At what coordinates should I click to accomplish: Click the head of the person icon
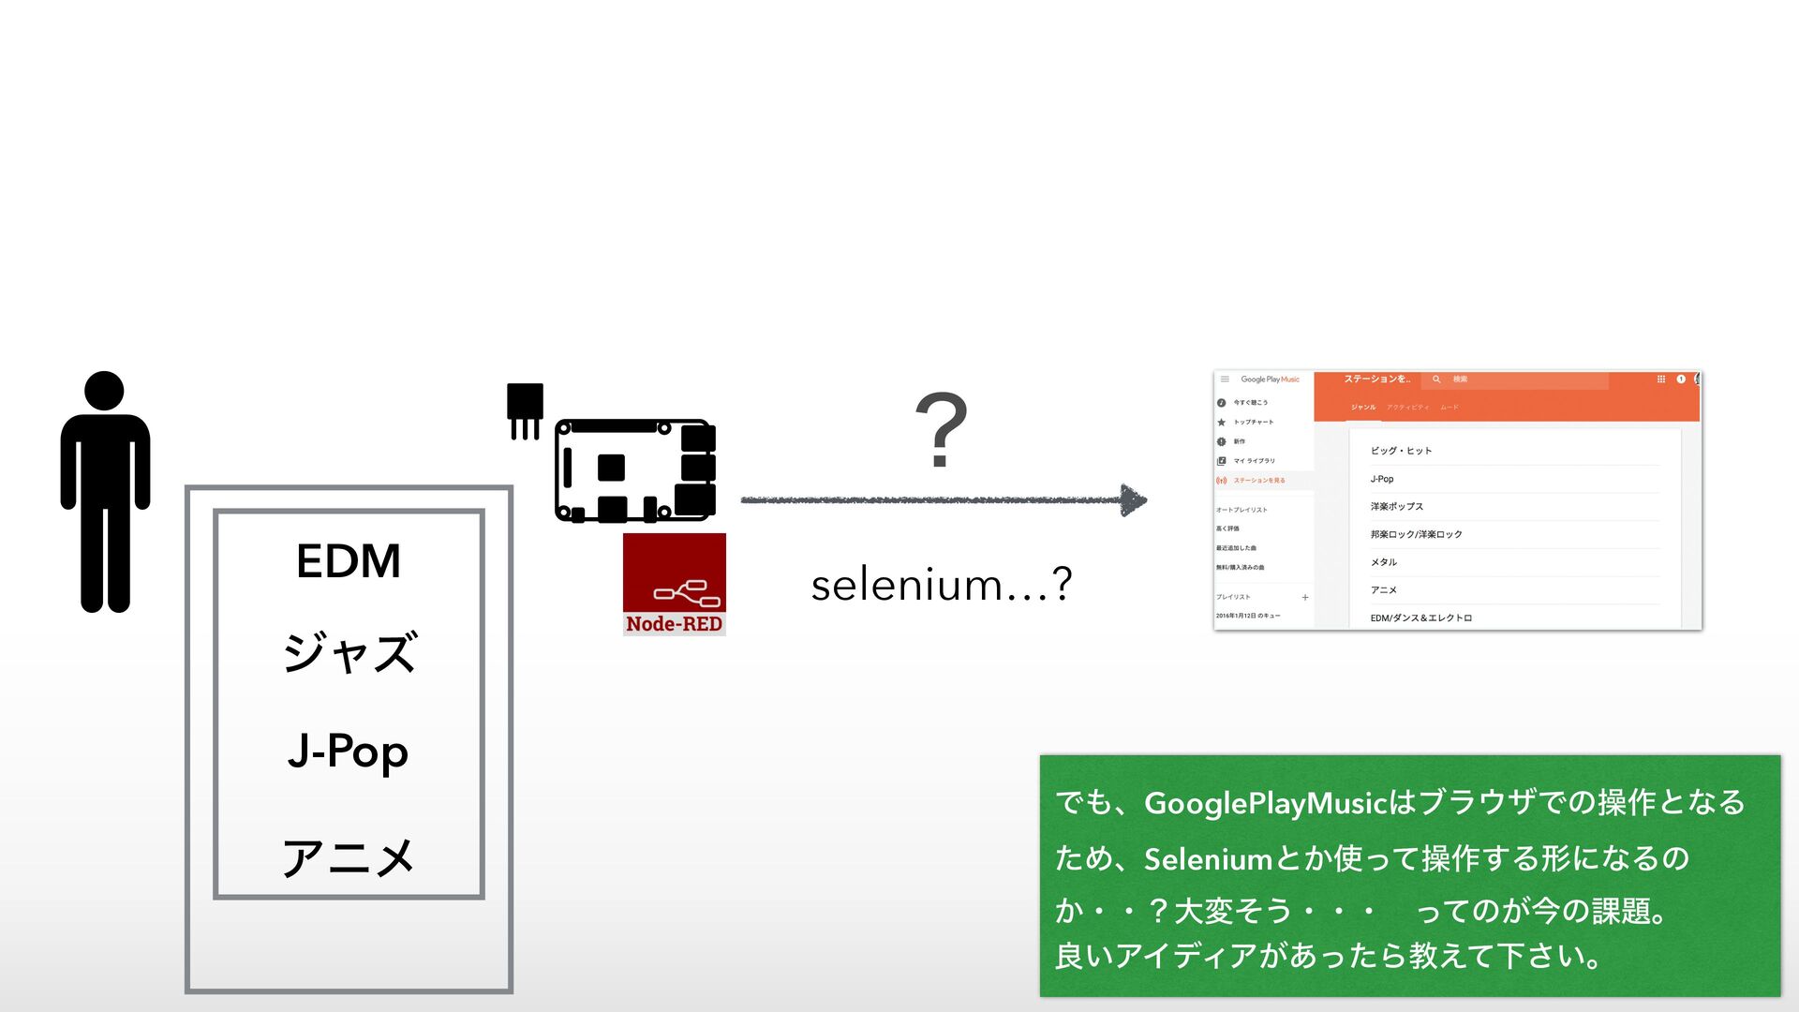pyautogui.click(x=104, y=391)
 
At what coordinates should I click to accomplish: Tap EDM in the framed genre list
pyautogui.click(x=349, y=561)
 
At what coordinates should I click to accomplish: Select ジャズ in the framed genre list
pyautogui.click(x=349, y=652)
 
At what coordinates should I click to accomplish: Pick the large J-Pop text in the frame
pyautogui.click(x=349, y=752)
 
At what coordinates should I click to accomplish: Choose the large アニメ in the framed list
pyautogui.click(x=349, y=856)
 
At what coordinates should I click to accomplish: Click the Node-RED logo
pyautogui.click(x=674, y=584)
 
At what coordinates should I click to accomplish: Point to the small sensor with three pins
pyautogui.click(x=525, y=409)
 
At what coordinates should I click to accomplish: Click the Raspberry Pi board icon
pyautogui.click(x=635, y=470)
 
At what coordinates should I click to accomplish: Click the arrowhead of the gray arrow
pyautogui.click(x=1133, y=500)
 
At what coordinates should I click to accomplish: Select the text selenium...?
pyautogui.click(x=941, y=585)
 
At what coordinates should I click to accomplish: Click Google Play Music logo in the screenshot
pyautogui.click(x=1270, y=379)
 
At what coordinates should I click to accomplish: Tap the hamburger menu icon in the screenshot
pyautogui.click(x=1225, y=379)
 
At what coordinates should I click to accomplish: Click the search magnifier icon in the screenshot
pyautogui.click(x=1436, y=379)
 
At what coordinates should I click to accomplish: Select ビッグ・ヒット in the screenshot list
pyautogui.click(x=1401, y=451)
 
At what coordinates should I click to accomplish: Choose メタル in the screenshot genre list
pyautogui.click(x=1384, y=562)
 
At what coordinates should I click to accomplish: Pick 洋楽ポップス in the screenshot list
pyautogui.click(x=1396, y=507)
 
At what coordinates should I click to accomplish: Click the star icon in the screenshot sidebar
pyautogui.click(x=1222, y=423)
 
